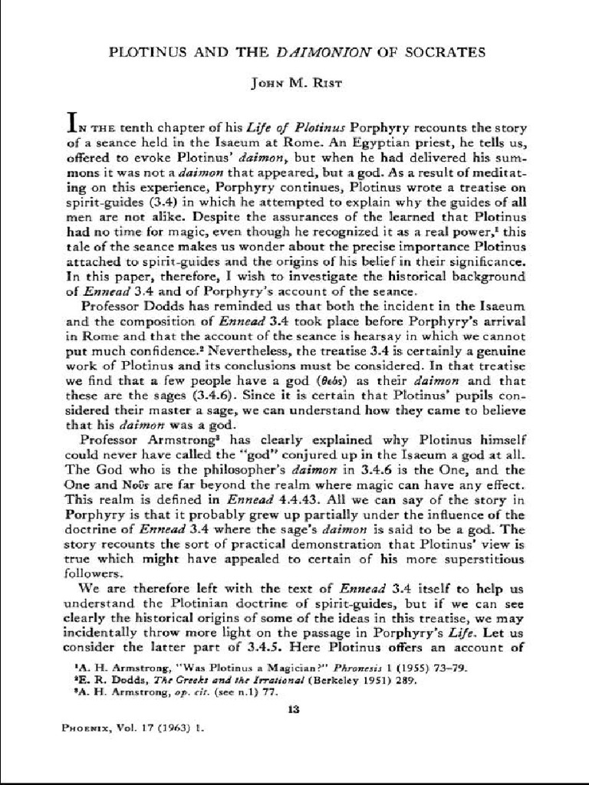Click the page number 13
(x=293, y=710)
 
